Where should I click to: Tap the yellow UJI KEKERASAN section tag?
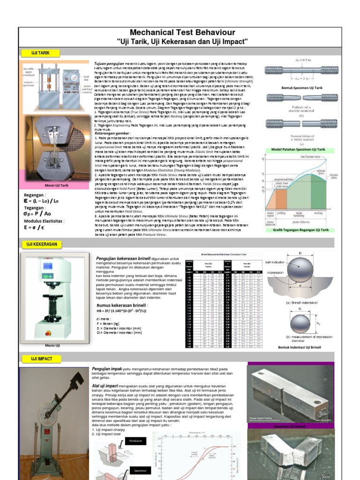pyautogui.click(x=41, y=245)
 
